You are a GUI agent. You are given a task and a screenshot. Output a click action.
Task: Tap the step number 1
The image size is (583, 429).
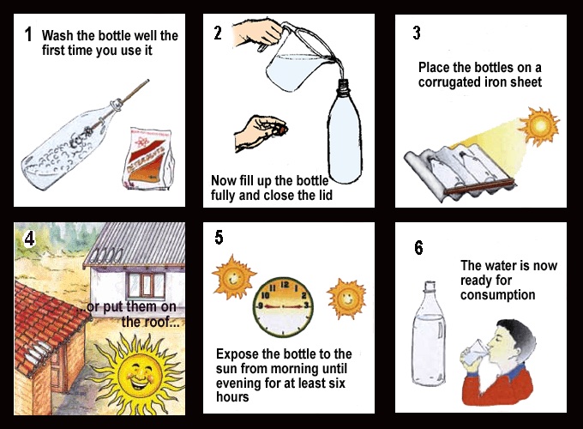[x=28, y=34]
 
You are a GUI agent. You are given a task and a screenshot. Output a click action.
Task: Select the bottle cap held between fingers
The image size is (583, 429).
[x=283, y=130]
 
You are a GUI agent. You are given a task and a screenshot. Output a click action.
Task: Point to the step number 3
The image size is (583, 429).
[x=417, y=33]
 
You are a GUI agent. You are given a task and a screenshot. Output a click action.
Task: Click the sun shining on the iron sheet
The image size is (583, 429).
[x=539, y=126]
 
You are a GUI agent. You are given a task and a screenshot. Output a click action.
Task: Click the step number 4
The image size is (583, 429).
[x=30, y=239]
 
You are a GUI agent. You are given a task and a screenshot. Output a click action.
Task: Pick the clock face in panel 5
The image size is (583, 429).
[x=283, y=307]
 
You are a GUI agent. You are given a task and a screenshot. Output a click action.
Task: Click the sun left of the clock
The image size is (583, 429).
[x=233, y=277]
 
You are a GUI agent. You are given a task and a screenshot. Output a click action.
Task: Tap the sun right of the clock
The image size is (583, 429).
[x=346, y=299]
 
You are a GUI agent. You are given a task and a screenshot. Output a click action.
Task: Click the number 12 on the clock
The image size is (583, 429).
[x=285, y=285]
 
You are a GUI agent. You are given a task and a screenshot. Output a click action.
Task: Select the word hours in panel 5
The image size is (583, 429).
[x=232, y=397]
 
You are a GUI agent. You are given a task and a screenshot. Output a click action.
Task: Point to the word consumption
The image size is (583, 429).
[x=497, y=294]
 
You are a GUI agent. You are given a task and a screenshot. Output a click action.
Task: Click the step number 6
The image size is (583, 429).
[x=418, y=248]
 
